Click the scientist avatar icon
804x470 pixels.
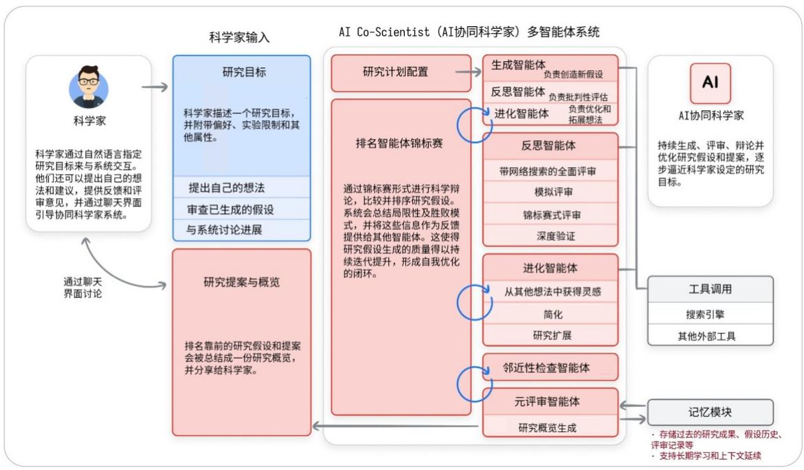[89, 87]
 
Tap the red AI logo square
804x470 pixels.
[710, 83]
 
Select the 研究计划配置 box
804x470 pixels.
[395, 72]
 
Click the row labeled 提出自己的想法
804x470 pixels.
[241, 188]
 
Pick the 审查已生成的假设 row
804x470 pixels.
[241, 209]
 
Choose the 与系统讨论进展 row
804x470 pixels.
[241, 229]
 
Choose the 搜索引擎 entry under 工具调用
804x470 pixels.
[710, 314]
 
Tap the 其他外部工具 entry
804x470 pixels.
[710, 336]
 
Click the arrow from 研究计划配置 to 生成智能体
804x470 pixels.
[467, 71]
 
